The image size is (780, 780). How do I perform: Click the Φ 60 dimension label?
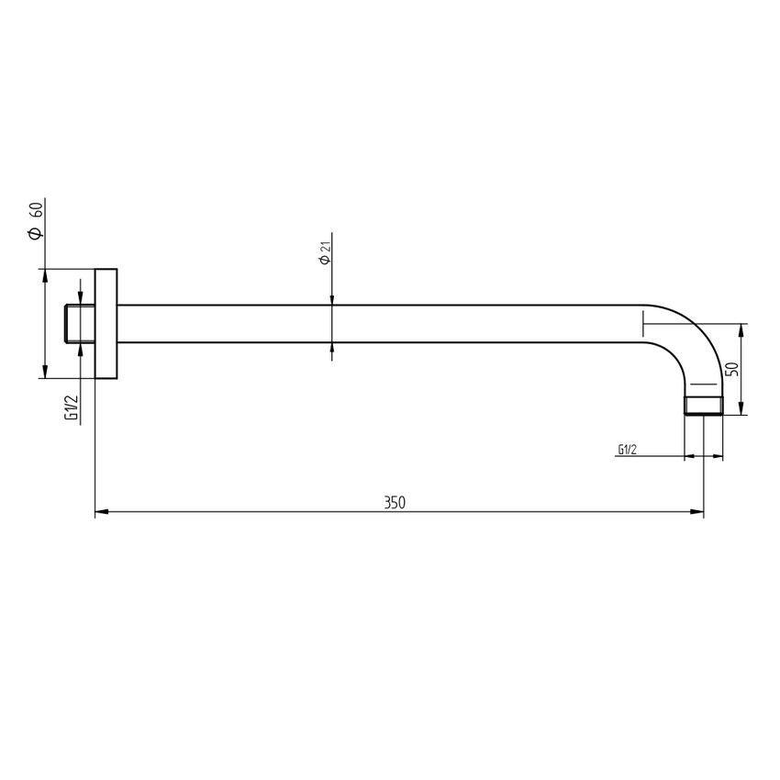point(35,220)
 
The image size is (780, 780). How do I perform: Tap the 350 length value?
point(395,502)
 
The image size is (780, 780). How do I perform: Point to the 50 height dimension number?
point(731,369)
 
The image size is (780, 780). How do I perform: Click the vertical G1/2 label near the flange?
point(71,407)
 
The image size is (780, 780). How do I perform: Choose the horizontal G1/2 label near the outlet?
point(628,450)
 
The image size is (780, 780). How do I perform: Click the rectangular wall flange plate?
point(106,324)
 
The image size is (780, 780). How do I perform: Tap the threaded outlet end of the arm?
point(704,405)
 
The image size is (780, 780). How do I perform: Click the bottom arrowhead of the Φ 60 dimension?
point(43,372)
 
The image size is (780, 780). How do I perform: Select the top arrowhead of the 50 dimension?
point(742,329)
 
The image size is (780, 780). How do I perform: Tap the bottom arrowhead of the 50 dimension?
point(742,408)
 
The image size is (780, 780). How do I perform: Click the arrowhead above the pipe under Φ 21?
point(331,299)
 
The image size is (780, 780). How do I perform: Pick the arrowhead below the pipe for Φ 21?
point(331,349)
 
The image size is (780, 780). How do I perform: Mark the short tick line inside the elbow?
point(701,384)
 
